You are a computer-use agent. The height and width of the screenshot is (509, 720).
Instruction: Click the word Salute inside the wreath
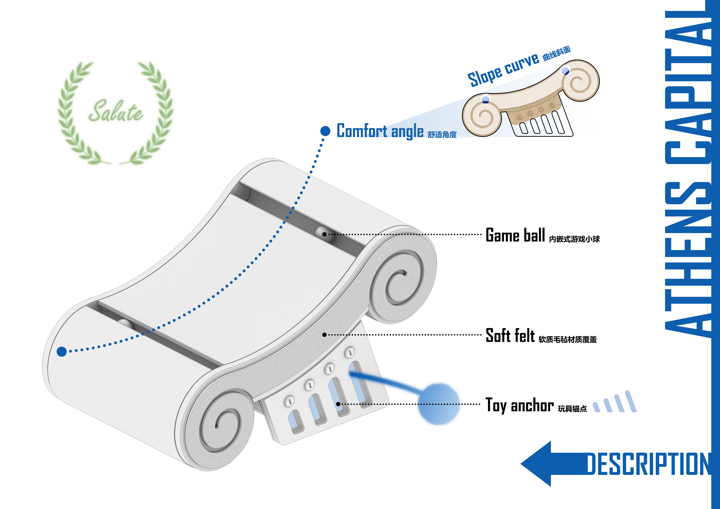pos(115,111)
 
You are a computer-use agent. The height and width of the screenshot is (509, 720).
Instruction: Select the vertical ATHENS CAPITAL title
pos(687,176)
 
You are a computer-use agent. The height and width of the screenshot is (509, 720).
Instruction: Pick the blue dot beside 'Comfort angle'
pos(325,131)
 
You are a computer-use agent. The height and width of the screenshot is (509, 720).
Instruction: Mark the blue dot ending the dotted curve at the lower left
pos(62,352)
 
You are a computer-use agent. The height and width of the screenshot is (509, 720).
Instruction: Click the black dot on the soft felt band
pos(324,335)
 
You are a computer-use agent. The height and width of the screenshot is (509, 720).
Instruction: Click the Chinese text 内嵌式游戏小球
pos(574,239)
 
